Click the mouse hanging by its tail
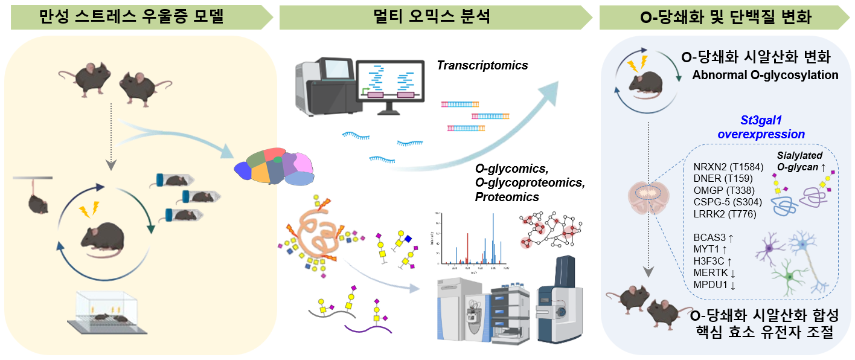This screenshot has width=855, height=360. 37,202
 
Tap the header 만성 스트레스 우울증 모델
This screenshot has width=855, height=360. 132,18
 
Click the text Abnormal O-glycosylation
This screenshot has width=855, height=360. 765,76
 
